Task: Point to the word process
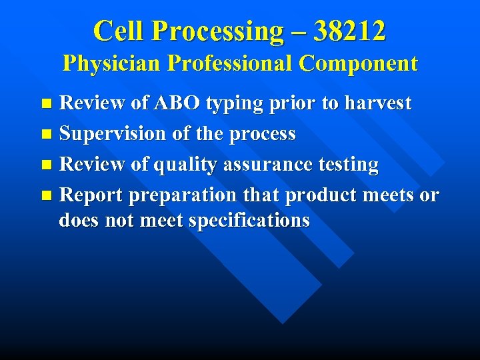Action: click(262, 135)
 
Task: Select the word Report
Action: click(91, 195)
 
